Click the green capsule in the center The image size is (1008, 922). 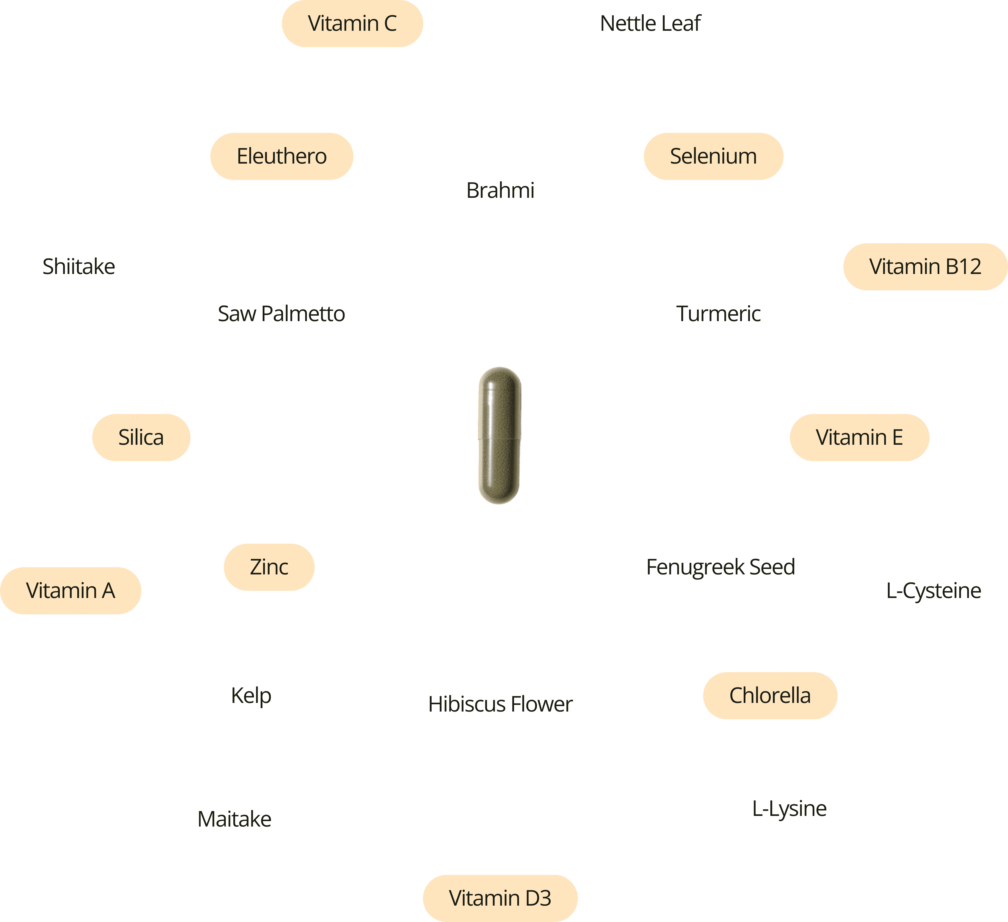(x=499, y=436)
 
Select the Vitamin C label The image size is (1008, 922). (x=352, y=24)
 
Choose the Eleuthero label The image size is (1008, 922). (x=282, y=156)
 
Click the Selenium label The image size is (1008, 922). (x=713, y=156)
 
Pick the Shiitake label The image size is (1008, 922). (x=78, y=266)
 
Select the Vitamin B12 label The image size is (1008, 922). (x=925, y=266)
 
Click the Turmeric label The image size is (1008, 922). (x=718, y=314)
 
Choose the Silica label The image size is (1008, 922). (x=141, y=437)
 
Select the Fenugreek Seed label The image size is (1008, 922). (x=720, y=567)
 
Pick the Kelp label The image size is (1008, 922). (x=251, y=695)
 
